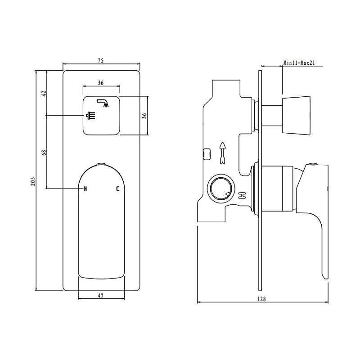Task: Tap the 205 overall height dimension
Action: click(x=32, y=180)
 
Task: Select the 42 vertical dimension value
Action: click(x=44, y=94)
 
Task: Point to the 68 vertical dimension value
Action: click(x=44, y=152)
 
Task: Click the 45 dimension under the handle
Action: click(x=101, y=295)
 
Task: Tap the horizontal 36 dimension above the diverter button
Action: click(x=101, y=83)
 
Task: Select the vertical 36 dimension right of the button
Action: click(x=144, y=115)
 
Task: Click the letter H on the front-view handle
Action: click(x=84, y=189)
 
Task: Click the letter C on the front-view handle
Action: click(x=118, y=189)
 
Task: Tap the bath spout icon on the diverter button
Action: click(x=104, y=103)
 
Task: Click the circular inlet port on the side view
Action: click(x=221, y=187)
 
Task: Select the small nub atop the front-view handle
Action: click(x=101, y=164)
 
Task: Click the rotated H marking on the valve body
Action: click(x=242, y=195)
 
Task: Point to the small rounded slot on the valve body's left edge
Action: click(x=207, y=154)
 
